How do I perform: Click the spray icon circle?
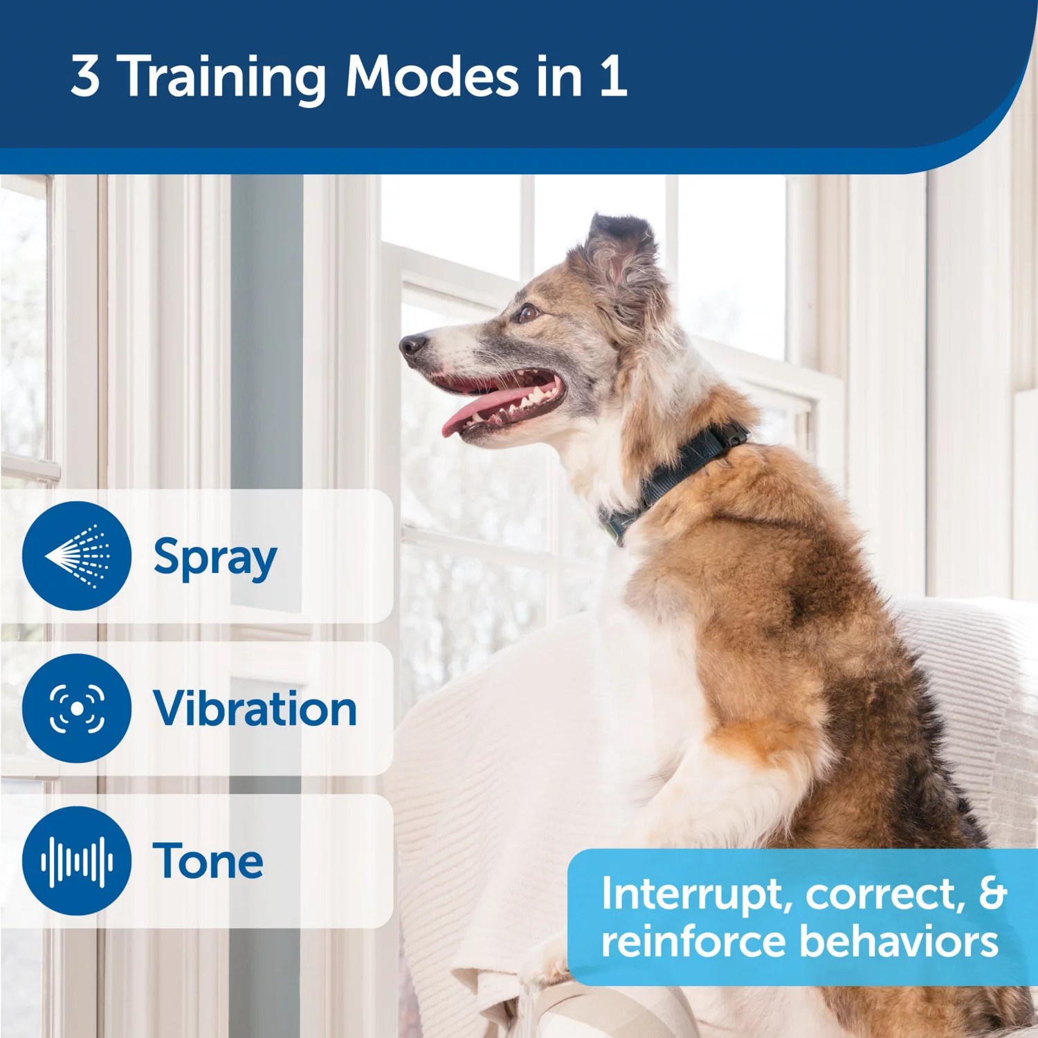pos(76,556)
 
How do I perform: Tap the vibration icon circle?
pos(76,708)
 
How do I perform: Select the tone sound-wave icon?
pos(76,861)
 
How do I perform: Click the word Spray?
pos(215,558)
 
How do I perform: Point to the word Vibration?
pos(255,709)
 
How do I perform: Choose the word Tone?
pos(208,861)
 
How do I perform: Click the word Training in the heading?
pos(224,78)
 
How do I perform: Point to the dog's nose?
pos(413,344)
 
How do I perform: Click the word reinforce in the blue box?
pos(693,942)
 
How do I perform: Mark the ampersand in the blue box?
pos(992,893)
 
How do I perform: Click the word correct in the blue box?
pos(884,895)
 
